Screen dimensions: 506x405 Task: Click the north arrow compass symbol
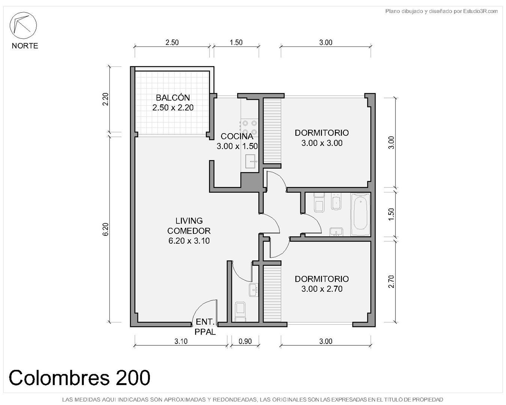pos(23,25)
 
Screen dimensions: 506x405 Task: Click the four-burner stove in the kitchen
pos(250,127)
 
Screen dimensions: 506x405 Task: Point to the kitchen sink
pos(251,161)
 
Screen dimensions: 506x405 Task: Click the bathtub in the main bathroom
pos(360,214)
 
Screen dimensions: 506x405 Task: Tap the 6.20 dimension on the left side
pos(106,229)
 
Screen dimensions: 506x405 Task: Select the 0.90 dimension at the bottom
pos(245,341)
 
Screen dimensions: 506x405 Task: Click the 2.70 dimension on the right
pos(391,282)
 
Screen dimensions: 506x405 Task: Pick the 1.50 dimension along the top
pos(236,42)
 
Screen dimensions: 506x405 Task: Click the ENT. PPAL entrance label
pos(205,327)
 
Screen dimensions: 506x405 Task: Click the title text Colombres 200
pos(79,378)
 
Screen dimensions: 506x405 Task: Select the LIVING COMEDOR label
pos(189,231)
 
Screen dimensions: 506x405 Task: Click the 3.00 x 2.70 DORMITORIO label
pos(322,284)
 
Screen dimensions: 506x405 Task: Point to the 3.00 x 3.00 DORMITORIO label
pos(322,138)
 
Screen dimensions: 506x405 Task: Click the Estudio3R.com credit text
pos(441,11)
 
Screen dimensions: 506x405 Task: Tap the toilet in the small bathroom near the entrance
pos(241,312)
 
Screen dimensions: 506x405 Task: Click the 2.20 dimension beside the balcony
pos(106,99)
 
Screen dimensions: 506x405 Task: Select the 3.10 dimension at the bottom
pos(181,341)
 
